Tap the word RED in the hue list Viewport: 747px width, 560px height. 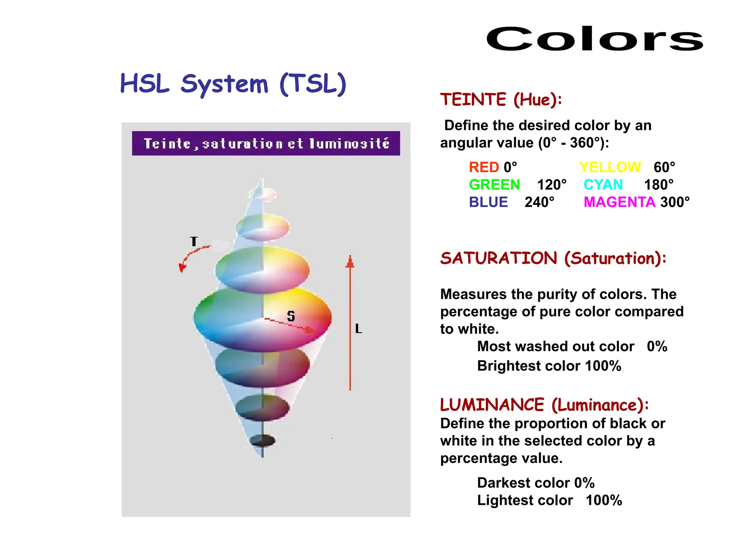(x=484, y=167)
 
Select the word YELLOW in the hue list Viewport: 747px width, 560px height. (x=610, y=167)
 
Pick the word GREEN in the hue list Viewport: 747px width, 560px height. (x=494, y=185)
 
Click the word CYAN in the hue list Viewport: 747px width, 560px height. (x=603, y=185)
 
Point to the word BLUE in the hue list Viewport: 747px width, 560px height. (x=488, y=202)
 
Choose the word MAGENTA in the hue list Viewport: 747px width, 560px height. (x=619, y=202)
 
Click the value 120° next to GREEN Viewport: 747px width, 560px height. (x=551, y=185)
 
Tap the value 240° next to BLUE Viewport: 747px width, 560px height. (x=539, y=202)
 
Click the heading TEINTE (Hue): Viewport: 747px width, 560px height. (x=501, y=100)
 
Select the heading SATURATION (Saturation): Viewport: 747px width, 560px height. (x=553, y=258)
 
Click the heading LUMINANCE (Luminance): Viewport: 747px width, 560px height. (x=544, y=405)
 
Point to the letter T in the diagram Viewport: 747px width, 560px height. (x=194, y=241)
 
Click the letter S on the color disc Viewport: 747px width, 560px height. (x=291, y=316)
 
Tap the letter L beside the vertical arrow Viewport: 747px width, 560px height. (x=359, y=329)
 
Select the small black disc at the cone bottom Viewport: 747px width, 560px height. (x=263, y=440)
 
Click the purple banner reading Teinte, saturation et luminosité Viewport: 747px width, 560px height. (x=266, y=144)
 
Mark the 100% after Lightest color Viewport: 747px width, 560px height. (x=604, y=500)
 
